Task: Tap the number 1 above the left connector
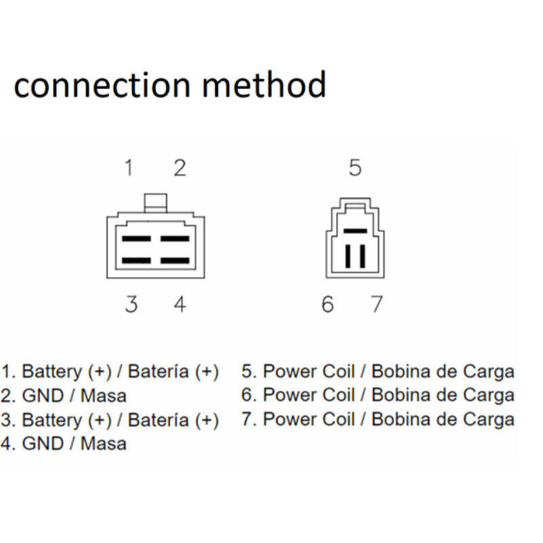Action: click(129, 167)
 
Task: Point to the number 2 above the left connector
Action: click(179, 167)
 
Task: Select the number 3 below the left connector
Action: click(131, 304)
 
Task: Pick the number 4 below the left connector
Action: click(179, 304)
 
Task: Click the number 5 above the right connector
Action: click(355, 168)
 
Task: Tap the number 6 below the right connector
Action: click(328, 304)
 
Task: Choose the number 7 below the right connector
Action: click(376, 304)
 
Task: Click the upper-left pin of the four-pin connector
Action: click(136, 240)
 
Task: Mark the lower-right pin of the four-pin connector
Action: click(174, 261)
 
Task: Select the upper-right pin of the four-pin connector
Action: click(174, 240)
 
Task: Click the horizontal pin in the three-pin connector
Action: click(355, 231)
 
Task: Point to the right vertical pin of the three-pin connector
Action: click(362, 256)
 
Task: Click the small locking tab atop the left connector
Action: click(155, 202)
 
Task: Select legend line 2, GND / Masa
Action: click(64, 395)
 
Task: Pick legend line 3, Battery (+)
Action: click(110, 419)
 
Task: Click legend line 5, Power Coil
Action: click(377, 371)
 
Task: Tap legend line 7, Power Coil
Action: click(377, 419)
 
